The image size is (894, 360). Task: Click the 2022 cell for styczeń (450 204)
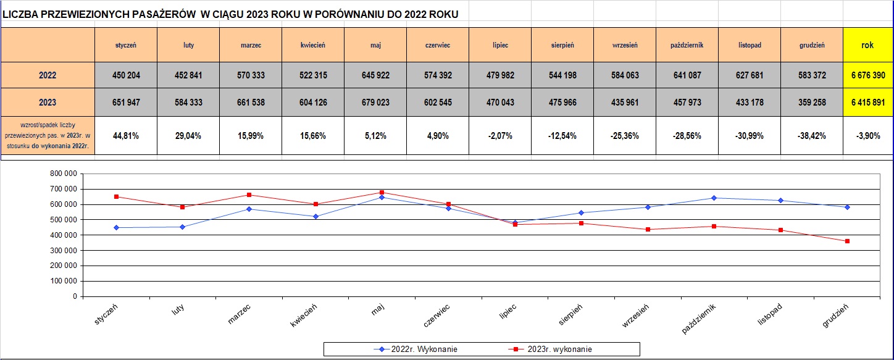pos(126,75)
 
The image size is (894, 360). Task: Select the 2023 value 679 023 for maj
pos(375,103)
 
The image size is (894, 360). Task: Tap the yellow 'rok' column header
pos(867,45)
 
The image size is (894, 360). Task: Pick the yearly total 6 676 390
pos(867,75)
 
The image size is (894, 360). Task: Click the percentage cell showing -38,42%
pos(811,136)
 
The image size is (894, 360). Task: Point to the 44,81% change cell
pos(126,136)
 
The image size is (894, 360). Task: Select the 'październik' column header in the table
pos(687,45)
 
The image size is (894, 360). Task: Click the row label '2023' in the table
pos(48,103)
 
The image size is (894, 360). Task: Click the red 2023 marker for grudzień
pos(847,241)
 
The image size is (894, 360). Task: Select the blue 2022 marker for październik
pos(714,198)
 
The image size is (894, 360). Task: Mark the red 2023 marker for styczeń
pos(116,197)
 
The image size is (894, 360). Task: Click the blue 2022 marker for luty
pos(182,227)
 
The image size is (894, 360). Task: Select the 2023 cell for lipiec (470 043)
pos(500,103)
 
